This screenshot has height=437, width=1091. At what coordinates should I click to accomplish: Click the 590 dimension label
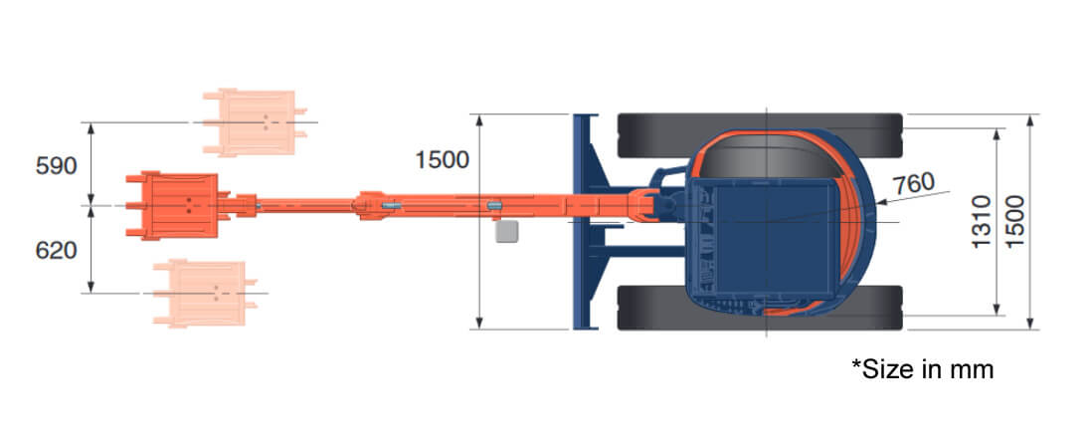[56, 166]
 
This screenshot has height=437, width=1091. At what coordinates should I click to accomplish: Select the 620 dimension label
[56, 251]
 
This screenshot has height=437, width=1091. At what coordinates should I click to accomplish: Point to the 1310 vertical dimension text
[980, 221]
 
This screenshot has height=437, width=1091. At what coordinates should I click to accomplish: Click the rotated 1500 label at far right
[1014, 221]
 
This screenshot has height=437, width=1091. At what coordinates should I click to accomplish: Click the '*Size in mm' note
[922, 369]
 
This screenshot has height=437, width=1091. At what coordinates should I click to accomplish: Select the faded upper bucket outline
[251, 122]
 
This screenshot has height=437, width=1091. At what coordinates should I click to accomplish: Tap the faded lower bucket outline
[201, 293]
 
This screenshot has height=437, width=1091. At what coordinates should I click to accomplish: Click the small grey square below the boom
[507, 232]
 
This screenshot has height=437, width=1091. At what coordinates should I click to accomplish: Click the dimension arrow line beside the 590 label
[91, 164]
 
